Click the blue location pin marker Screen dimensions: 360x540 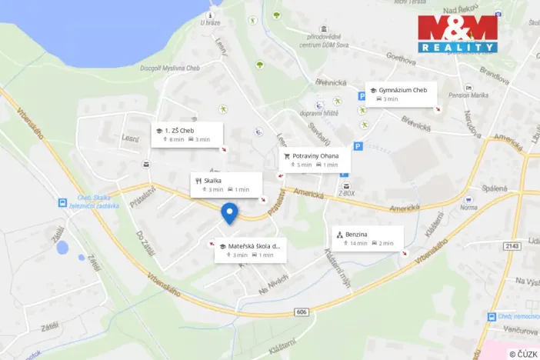[229, 213]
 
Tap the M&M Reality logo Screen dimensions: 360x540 [457, 34]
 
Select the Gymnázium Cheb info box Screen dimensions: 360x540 [401, 95]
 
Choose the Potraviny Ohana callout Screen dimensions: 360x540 [314, 160]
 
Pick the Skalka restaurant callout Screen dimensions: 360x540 [226, 185]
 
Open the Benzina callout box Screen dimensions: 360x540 [367, 238]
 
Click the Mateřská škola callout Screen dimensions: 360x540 [250, 250]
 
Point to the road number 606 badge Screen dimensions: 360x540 [301, 312]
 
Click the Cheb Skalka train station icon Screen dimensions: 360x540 [62, 202]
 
